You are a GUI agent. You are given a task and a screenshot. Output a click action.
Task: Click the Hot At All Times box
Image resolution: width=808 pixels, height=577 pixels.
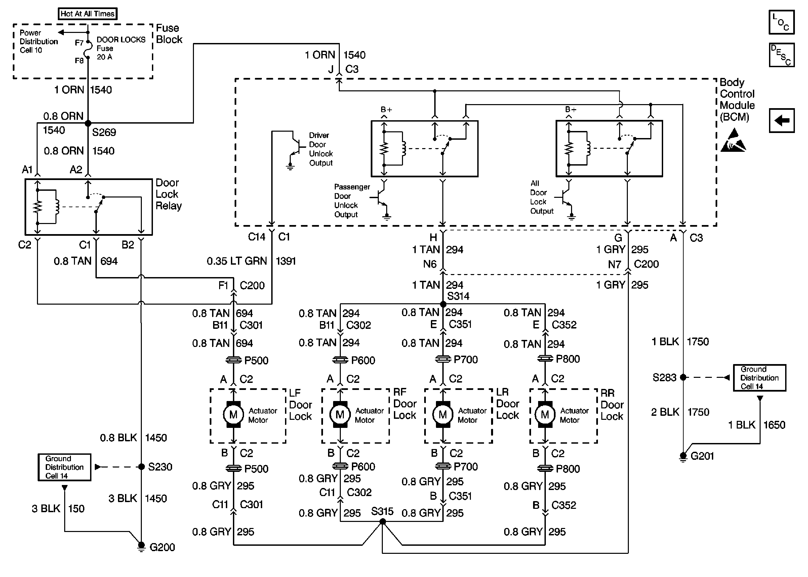coord(87,14)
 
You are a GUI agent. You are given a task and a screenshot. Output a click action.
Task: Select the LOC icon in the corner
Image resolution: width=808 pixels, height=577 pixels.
coord(781,22)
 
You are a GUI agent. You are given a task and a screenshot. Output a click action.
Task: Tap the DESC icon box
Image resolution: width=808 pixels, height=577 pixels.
coord(781,55)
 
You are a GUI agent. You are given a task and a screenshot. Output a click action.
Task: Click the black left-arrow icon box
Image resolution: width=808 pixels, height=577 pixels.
coord(781,121)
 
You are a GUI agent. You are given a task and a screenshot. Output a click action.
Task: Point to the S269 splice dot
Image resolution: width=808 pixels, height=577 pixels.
coord(88,123)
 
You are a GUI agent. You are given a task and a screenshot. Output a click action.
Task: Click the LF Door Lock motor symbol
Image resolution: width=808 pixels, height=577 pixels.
coord(233,414)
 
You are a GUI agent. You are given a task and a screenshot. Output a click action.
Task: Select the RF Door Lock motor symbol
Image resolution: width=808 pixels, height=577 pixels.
coord(340,414)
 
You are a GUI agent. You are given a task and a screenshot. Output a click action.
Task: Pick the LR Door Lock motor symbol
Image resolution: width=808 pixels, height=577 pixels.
coord(443,414)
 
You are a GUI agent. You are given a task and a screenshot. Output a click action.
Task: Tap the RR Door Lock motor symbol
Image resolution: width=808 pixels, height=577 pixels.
coord(545,414)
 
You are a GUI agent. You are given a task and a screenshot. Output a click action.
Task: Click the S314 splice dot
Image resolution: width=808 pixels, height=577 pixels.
coord(443,304)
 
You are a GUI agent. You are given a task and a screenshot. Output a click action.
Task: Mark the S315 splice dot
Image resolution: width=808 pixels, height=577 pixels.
coord(382,522)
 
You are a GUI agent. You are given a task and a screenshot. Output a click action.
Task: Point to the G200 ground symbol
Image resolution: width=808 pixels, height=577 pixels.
coord(141,546)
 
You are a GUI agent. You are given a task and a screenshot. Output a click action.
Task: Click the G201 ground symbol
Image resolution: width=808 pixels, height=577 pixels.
coord(683,456)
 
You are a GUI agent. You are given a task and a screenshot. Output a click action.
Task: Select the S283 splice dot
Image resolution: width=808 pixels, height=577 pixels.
coord(683,377)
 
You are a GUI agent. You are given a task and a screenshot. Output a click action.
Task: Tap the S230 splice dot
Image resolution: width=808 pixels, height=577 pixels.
coord(141,467)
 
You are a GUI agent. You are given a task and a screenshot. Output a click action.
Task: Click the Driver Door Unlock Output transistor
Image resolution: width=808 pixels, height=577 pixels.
coord(295,146)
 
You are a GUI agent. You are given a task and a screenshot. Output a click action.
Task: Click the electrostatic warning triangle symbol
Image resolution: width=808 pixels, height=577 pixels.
coord(733,141)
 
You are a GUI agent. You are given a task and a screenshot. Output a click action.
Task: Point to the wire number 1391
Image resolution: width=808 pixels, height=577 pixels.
coord(286,261)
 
